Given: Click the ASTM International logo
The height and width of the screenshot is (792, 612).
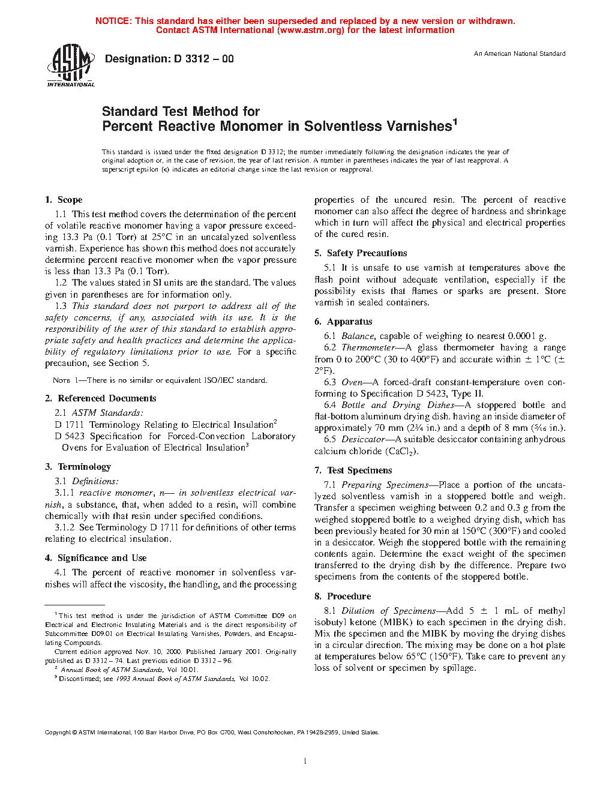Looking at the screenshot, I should click(x=71, y=65).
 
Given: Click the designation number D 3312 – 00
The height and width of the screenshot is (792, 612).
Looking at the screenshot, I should click(x=203, y=59).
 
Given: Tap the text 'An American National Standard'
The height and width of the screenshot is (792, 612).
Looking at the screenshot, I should click(x=519, y=54).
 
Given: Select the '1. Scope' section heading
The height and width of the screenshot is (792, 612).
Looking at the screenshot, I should click(x=64, y=200).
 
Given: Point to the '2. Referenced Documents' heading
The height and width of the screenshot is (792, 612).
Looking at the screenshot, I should click(x=100, y=398).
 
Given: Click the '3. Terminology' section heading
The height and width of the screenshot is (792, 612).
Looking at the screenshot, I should click(x=78, y=467).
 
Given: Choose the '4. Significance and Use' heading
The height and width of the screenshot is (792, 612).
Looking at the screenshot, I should click(x=95, y=558).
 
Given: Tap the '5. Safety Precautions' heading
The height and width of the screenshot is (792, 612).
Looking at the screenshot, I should click(x=361, y=253).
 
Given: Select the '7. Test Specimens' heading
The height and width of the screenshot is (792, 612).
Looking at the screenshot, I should click(x=353, y=470).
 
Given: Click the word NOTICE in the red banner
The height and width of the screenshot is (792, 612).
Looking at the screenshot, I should click(x=113, y=21).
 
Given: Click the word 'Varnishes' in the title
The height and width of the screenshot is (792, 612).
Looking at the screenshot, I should click(x=419, y=127).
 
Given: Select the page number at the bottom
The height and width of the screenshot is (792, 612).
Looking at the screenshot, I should click(x=305, y=761).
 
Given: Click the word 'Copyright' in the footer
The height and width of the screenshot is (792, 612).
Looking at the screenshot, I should click(x=58, y=733).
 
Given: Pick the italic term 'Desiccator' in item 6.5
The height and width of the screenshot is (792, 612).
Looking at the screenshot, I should click(x=363, y=439).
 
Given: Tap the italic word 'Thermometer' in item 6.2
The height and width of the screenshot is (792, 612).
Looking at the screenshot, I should click(x=368, y=347).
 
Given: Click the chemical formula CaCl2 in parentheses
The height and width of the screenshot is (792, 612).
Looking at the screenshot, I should click(x=401, y=451).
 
